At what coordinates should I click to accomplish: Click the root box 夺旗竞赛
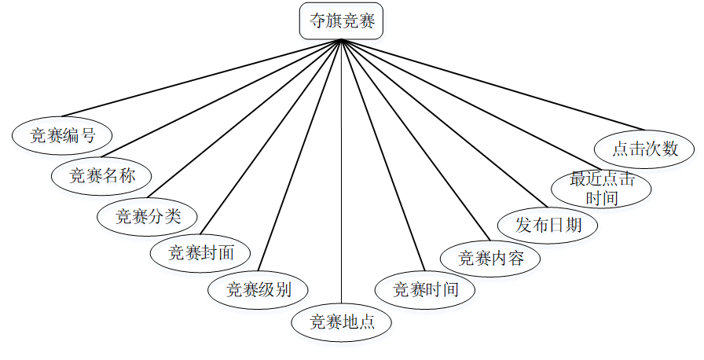coord(341,21)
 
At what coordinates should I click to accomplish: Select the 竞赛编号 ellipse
coord(62,135)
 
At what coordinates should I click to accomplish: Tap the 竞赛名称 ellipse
coord(102,175)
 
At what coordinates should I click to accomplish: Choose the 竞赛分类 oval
coord(148,216)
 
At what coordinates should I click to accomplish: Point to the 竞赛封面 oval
coord(201,253)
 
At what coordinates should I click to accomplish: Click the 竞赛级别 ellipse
coord(258,289)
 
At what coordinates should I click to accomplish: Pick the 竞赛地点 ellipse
coord(341,321)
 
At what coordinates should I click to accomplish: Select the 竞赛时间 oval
coord(425,289)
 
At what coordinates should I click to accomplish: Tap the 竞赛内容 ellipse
coord(490,258)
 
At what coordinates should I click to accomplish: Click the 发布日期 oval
coord(548,225)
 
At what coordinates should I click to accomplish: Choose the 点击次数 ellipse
coord(644,148)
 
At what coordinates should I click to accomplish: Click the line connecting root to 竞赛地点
coord(342,173)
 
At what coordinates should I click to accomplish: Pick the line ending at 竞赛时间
coord(383,154)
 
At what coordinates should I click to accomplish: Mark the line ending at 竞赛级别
coord(300,154)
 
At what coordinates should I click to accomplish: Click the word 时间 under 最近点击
coord(602,197)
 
